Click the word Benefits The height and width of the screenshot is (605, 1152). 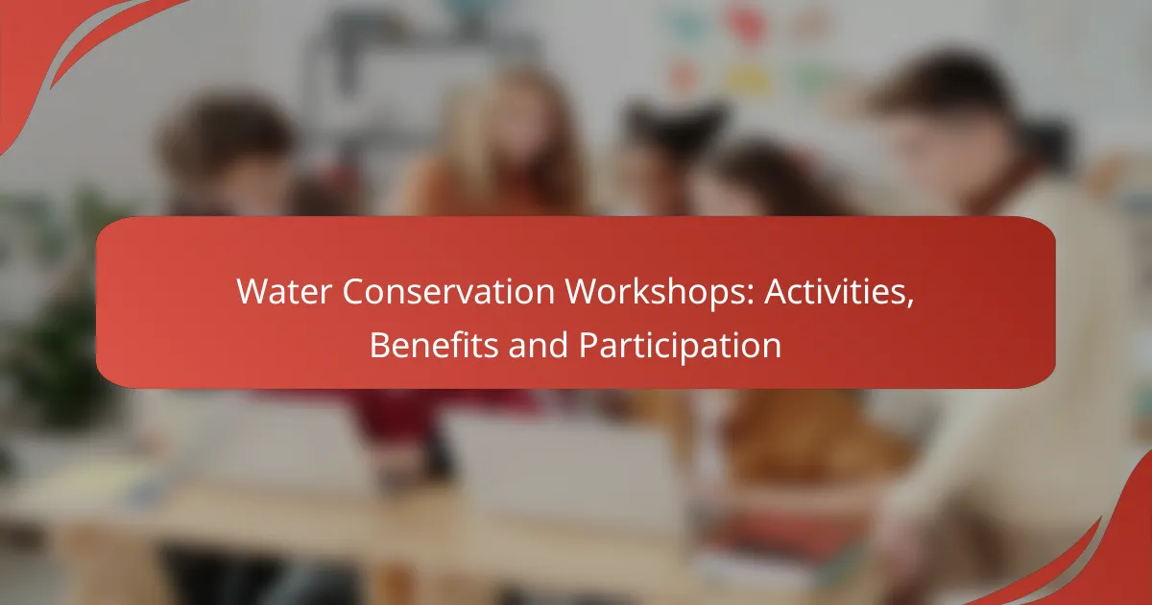pos(434,345)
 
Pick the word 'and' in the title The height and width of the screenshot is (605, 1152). pos(538,345)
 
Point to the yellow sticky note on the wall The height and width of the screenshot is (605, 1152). pos(747,79)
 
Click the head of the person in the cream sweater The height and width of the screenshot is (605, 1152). pos(951,124)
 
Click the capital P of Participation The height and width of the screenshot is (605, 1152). pos(588,345)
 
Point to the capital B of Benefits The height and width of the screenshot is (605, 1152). pos(380,345)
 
